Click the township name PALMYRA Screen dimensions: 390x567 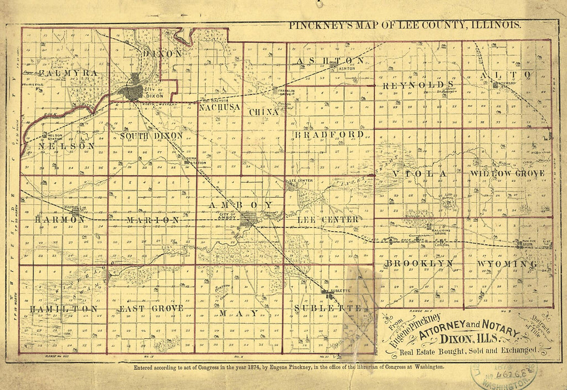click(x=71, y=73)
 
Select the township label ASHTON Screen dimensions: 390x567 click(x=330, y=61)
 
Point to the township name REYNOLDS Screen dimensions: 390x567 click(x=418, y=85)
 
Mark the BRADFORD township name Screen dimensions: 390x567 click(x=329, y=135)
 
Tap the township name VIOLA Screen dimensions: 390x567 click(x=419, y=174)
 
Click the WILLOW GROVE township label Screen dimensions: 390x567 click(x=507, y=174)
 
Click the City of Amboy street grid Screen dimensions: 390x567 click(x=248, y=220)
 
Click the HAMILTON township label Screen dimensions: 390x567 click(x=63, y=308)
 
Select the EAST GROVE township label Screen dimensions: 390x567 click(x=151, y=308)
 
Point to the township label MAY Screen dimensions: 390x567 click(x=239, y=313)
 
